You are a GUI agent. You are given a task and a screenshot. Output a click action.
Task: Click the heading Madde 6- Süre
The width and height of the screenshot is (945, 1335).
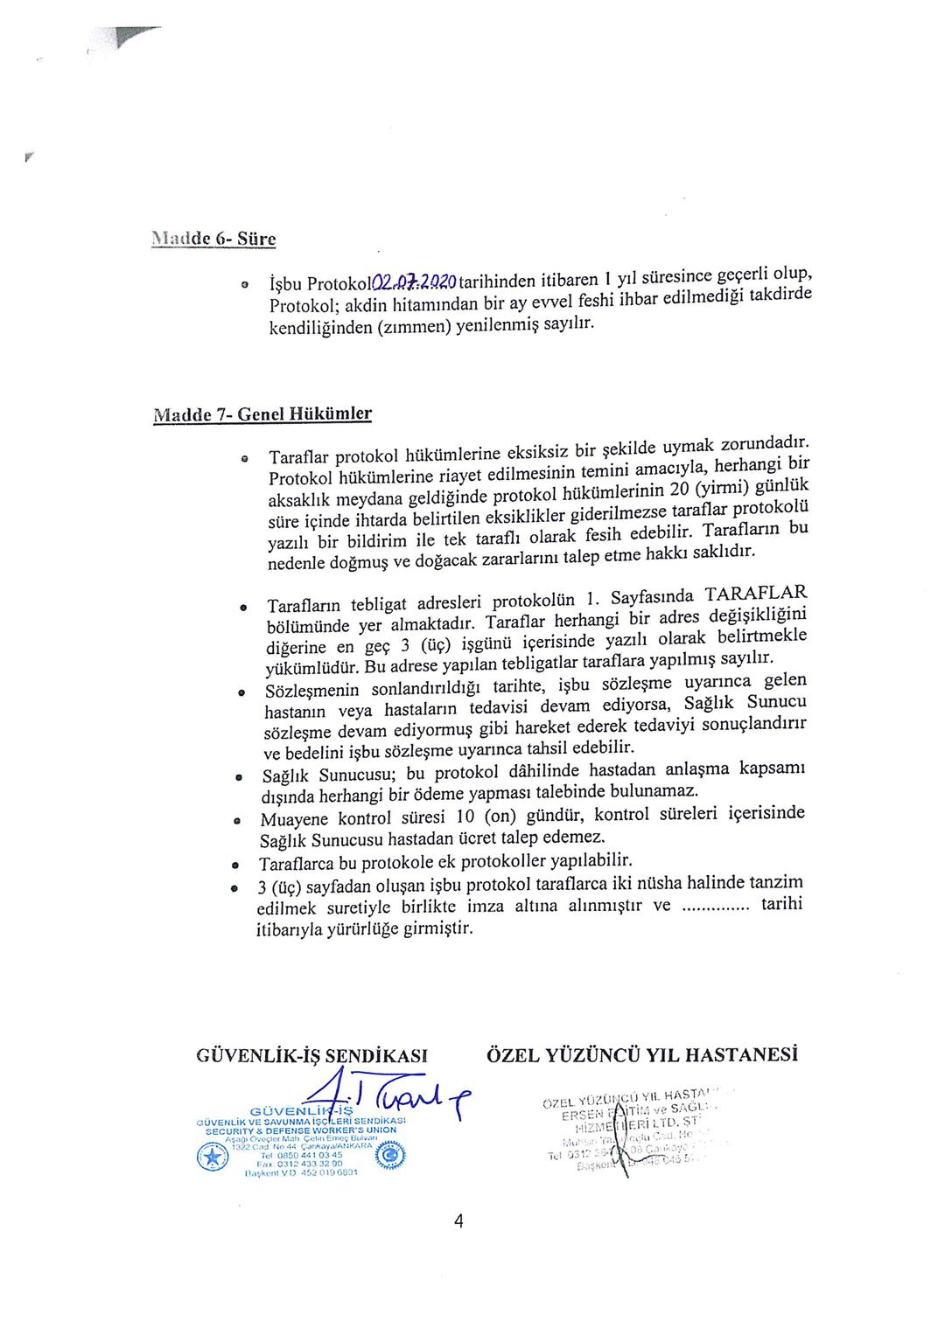click(x=213, y=239)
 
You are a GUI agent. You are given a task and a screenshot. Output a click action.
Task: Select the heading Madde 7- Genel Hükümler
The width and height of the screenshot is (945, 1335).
click(x=262, y=414)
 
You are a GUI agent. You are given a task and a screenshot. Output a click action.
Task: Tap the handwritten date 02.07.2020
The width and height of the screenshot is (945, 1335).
click(x=414, y=282)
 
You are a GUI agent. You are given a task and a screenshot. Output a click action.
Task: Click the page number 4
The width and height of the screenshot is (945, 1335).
click(x=458, y=1221)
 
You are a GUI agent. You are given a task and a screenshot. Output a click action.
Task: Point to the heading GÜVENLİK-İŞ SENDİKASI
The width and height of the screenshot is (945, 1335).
click(x=311, y=1055)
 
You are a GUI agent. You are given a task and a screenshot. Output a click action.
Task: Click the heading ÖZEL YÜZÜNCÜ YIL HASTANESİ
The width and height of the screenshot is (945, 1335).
click(x=642, y=1054)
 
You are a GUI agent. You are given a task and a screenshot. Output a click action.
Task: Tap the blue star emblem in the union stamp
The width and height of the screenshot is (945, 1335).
click(x=213, y=1158)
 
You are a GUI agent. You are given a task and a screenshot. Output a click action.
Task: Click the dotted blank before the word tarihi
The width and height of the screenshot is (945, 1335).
click(x=715, y=907)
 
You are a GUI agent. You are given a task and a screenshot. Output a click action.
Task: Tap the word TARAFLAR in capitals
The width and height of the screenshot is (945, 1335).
click(x=756, y=594)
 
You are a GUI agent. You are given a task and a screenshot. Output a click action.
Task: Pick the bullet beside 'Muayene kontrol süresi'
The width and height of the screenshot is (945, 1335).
click(x=237, y=821)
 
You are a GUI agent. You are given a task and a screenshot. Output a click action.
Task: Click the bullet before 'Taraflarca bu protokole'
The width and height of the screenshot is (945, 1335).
click(x=235, y=866)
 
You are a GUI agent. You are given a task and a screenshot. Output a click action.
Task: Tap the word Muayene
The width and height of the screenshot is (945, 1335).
click(x=294, y=820)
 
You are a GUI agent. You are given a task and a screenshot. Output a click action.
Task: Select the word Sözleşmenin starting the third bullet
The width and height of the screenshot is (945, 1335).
click(x=312, y=690)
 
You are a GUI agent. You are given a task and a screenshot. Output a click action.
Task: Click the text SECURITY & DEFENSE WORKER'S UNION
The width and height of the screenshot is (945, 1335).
click(x=301, y=1130)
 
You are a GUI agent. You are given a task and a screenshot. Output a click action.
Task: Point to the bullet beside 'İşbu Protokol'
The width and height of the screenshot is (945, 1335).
click(x=245, y=284)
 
